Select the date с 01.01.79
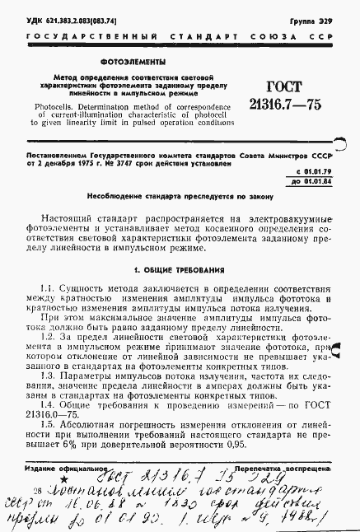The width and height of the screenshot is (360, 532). click(311, 170)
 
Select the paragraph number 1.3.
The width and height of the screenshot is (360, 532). click(48, 375)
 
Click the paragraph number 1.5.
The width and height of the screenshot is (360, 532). click(48, 425)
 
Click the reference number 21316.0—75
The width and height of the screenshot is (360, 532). click(52, 414)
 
